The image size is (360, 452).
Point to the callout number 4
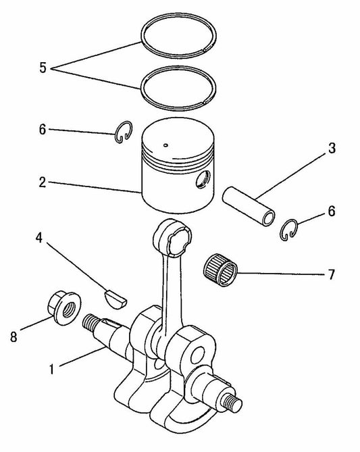click(41, 238)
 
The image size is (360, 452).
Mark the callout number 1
click(51, 370)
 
